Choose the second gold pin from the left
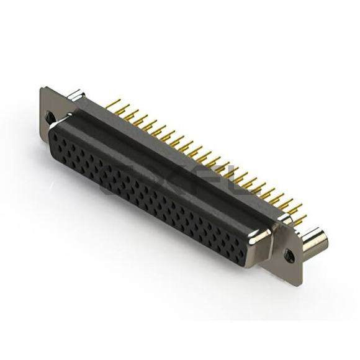coord(120,105)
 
